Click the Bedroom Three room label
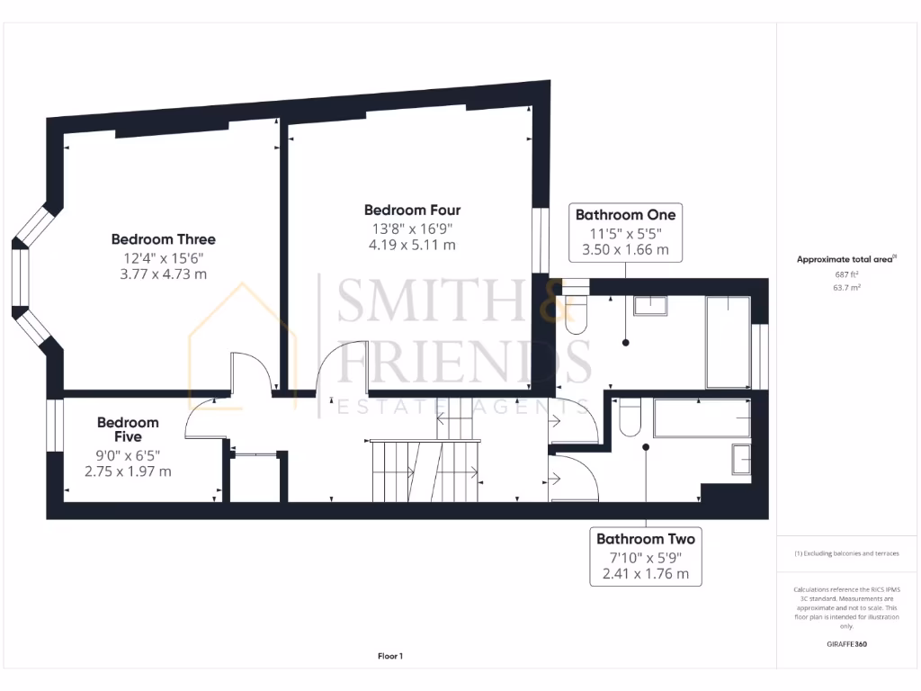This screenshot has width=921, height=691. [x=163, y=239]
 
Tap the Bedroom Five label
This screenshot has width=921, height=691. [x=128, y=429]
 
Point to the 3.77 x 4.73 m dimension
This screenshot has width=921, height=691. [x=163, y=274]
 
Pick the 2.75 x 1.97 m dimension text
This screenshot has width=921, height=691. [x=128, y=471]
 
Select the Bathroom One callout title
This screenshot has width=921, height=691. [x=625, y=215]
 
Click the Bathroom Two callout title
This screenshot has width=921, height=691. [x=645, y=539]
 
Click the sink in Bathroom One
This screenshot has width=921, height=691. [x=650, y=305]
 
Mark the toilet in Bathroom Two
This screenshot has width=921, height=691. [x=629, y=417]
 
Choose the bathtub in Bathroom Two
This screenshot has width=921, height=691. [x=702, y=416]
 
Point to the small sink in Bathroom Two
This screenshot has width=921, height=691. [x=742, y=458]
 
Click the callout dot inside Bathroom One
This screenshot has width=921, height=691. [x=625, y=342]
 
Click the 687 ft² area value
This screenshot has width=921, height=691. [x=845, y=274]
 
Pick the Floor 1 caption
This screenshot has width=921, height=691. [x=389, y=657]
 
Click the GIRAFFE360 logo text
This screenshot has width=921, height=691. [x=846, y=644]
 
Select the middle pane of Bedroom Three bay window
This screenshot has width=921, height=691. [x=19, y=274]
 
